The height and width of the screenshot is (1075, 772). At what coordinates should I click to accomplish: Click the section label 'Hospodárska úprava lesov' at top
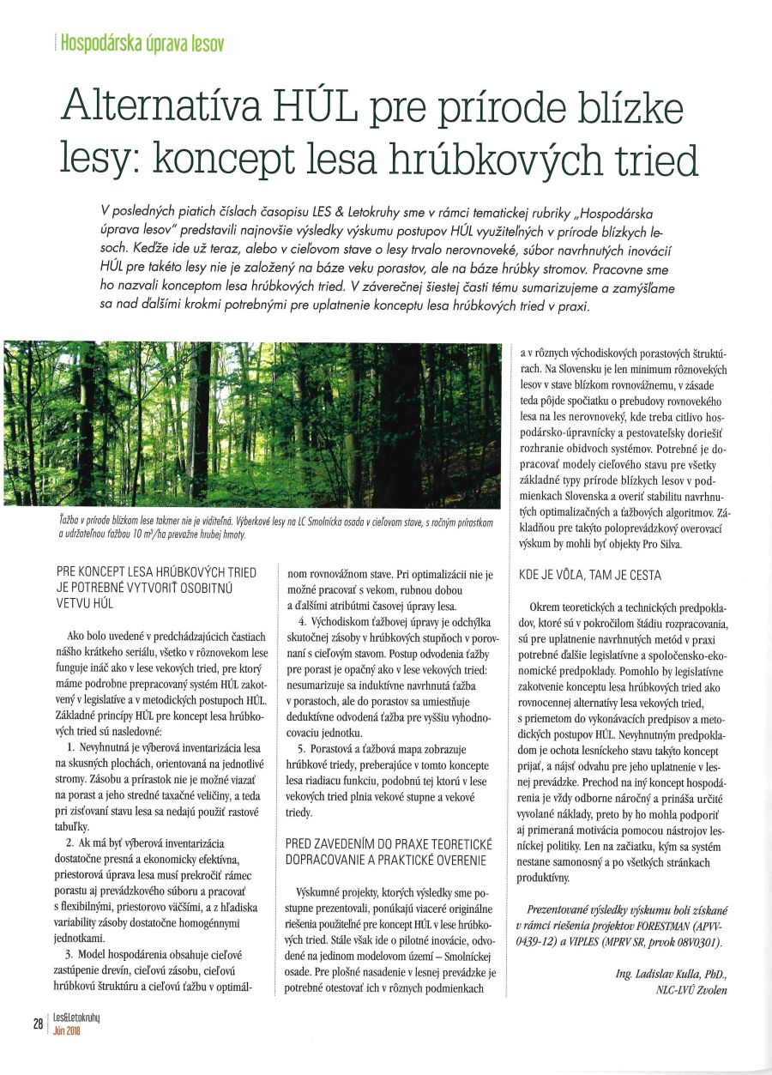pos(142,42)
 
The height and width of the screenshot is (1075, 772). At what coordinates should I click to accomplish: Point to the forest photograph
pos(253,424)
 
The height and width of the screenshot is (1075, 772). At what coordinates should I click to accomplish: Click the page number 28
pos(39,1024)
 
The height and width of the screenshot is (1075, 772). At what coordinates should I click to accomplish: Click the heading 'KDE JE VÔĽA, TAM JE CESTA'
pos(590,575)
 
